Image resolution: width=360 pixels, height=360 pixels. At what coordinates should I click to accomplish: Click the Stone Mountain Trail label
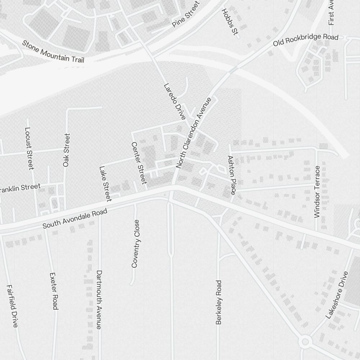coord(53,51)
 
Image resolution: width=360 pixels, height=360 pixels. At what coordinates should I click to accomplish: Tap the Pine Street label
coord(185,15)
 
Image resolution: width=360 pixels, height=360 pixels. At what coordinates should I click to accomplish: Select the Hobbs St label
coord(230,22)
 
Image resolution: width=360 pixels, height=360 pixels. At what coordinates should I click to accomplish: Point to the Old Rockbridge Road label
coord(306,40)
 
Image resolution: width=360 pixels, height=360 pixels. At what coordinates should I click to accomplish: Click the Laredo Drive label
coord(175,102)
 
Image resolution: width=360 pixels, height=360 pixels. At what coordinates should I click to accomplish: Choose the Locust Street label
coord(29,148)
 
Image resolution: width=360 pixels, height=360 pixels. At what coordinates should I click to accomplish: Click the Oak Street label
coord(66,150)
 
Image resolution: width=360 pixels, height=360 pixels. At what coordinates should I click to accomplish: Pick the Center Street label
coord(139,163)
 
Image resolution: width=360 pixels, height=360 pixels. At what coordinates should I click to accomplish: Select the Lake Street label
coord(105,183)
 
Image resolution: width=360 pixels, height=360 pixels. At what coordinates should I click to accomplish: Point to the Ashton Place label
coord(231,175)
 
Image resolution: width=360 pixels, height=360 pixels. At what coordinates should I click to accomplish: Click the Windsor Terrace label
coord(317,192)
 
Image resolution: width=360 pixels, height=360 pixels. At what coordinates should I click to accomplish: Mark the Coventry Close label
coord(135,244)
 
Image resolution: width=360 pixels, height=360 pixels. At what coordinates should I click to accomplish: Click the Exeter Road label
coord(54,291)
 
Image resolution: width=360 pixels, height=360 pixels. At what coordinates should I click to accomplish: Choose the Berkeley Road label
coord(219,302)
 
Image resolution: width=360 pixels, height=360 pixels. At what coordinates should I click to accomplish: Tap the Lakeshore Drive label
coord(337,295)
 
